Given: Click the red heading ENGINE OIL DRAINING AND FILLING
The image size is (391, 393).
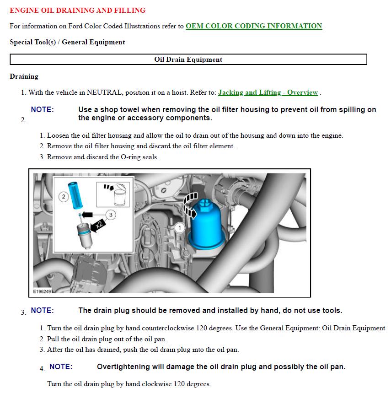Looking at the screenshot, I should point(78,10).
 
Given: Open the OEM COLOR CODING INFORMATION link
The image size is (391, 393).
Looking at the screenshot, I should point(254,26).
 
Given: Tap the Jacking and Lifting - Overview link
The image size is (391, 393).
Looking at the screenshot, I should point(268,92).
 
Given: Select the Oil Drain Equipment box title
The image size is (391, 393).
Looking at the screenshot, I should point(188,59).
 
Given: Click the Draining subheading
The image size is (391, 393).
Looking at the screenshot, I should point(24,76).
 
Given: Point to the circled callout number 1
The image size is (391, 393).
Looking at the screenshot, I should point(180,227).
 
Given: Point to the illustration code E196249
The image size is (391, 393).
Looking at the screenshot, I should point(43,291).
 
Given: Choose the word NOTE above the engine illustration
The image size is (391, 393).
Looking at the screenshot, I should point(42,110).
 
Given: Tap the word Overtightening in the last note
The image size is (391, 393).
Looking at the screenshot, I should point(123,367).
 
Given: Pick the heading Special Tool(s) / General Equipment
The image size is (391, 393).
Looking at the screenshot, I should point(67,42).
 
